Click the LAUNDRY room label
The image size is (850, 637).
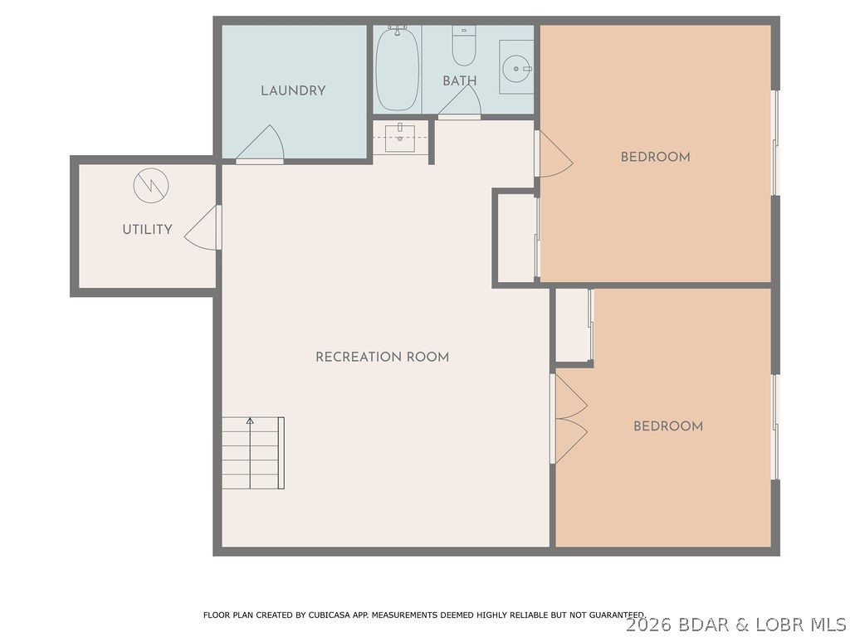tap(293, 90)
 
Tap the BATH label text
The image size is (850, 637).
tap(459, 81)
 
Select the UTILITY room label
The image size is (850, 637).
tap(147, 230)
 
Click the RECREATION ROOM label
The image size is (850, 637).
tap(382, 357)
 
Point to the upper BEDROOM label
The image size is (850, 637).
tap(655, 157)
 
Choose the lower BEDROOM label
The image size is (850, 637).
tap(667, 426)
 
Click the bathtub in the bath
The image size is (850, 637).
tap(397, 69)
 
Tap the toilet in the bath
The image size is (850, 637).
tap(463, 46)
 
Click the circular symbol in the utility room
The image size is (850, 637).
tap(151, 185)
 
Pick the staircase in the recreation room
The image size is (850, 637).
tap(252, 454)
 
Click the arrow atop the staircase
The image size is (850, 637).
tap(250, 421)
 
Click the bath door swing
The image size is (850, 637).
tap(462, 103)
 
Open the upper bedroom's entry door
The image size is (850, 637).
tap(554, 155)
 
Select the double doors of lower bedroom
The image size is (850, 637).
tap(569, 419)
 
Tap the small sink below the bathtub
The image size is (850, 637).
tap(400, 138)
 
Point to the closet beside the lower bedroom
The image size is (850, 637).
tap(572, 325)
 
